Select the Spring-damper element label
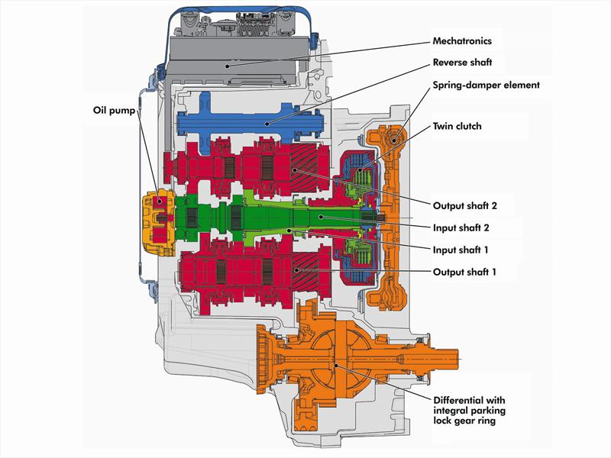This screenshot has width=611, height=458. coord(486,85)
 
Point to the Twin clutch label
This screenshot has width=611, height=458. coord(457,126)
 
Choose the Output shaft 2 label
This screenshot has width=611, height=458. coord(464,205)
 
